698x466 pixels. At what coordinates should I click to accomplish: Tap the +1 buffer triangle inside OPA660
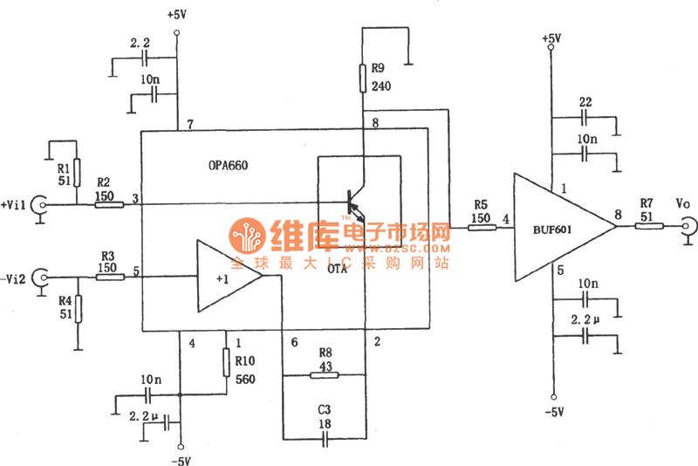(x=225, y=277)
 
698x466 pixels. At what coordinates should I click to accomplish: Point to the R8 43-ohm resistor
(x=325, y=376)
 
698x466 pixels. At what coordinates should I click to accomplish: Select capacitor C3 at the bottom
(x=325, y=440)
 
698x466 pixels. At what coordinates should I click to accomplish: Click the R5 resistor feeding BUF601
(x=480, y=228)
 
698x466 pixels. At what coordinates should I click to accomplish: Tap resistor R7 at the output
(x=648, y=228)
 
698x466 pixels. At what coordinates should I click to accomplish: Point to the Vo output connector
(x=688, y=229)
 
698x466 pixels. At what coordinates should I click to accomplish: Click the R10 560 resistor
(x=227, y=360)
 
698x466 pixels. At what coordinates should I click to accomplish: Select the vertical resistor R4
(x=78, y=307)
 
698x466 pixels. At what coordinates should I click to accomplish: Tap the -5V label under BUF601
(x=551, y=411)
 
